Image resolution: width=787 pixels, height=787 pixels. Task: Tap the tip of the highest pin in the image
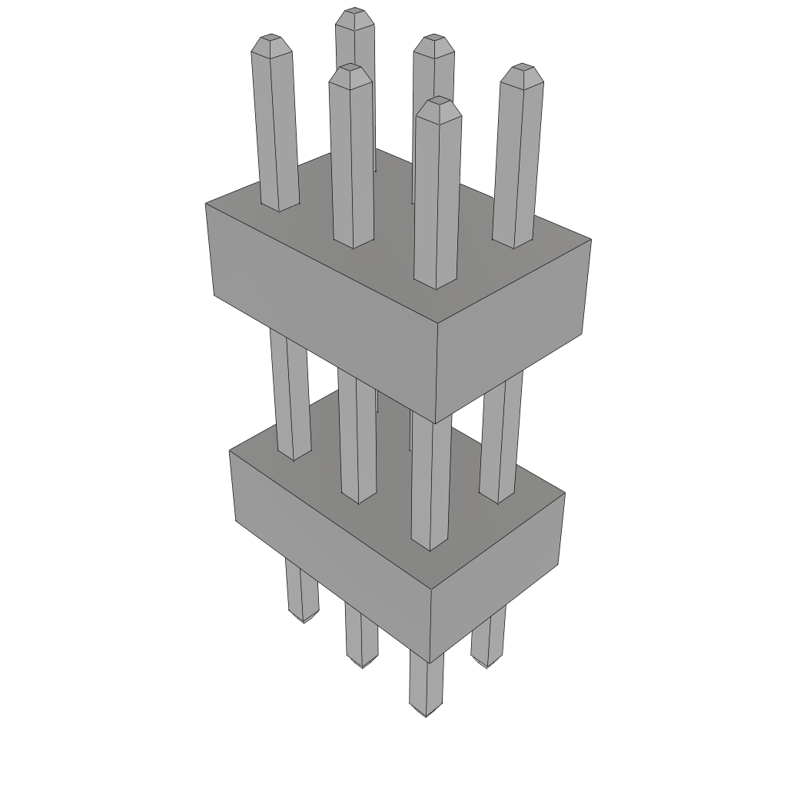coord(354,12)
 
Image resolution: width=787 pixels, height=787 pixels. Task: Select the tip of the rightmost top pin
coord(523,68)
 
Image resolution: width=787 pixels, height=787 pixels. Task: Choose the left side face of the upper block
coord(323,307)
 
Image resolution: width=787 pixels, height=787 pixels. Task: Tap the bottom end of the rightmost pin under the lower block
coord(486,663)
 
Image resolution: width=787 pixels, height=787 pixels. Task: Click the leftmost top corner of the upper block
coord(206,204)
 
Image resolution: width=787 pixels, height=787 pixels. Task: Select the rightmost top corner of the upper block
coord(591,240)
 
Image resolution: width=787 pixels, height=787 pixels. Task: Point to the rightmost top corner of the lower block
coord(565,493)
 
